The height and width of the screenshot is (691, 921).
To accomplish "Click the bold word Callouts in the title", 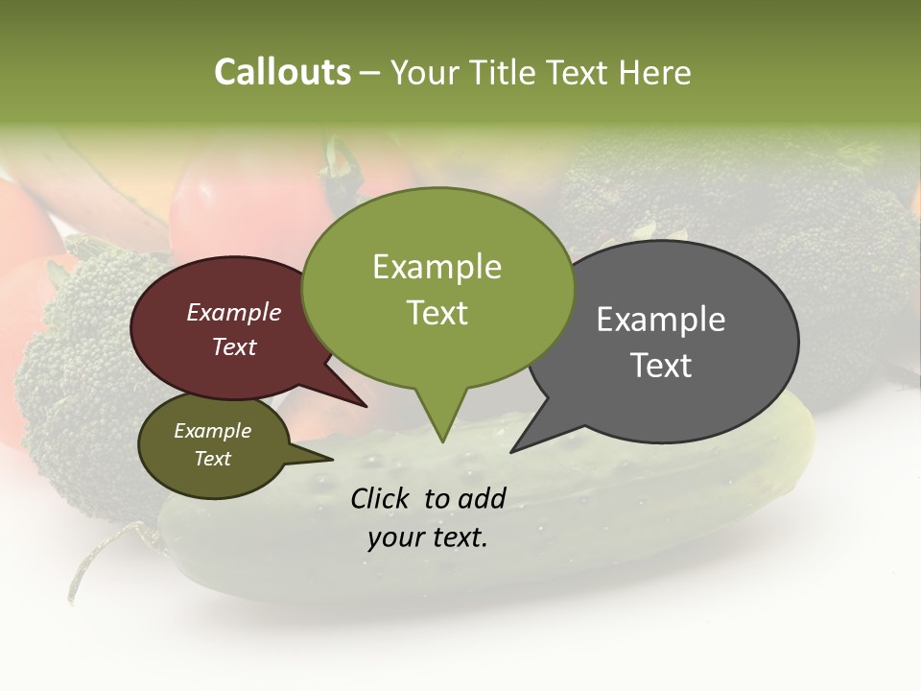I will pos(282,72).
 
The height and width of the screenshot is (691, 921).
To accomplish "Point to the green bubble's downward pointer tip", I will pos(441,441).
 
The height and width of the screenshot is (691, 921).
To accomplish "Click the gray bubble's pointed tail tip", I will pos(512,450).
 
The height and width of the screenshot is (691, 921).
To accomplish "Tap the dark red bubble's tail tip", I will pos(366,406).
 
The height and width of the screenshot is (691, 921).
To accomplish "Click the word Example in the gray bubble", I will pos(660,320).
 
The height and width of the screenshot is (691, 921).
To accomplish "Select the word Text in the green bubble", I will pos(437,313).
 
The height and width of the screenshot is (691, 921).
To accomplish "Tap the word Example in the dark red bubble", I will pos(233,312).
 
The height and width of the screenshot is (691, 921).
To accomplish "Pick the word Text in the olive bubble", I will pos(212,459).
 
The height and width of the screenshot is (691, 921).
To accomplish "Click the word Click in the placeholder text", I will pos(381,498).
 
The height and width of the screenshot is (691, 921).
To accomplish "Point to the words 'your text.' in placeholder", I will pos(428,537).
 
